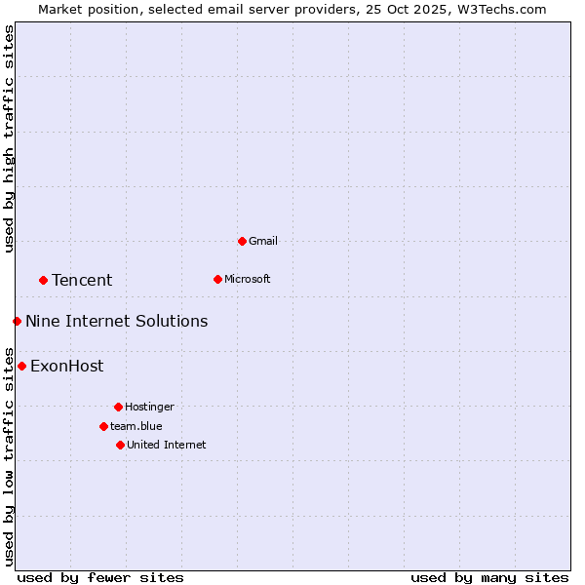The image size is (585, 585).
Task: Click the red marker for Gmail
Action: (x=242, y=241)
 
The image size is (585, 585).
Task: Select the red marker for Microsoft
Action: (x=217, y=279)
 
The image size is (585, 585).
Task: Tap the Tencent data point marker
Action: (x=43, y=280)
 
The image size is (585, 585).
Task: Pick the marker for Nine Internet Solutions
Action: (x=17, y=321)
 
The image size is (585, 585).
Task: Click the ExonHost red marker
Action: (x=21, y=366)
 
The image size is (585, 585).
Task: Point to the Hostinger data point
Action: (x=118, y=407)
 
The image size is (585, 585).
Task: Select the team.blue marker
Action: (x=103, y=426)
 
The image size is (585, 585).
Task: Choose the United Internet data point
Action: (x=120, y=445)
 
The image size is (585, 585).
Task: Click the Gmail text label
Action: (x=263, y=241)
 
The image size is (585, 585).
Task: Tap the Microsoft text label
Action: (x=248, y=279)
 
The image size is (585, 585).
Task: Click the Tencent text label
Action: (x=82, y=281)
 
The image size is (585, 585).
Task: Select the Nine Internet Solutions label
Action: (x=116, y=322)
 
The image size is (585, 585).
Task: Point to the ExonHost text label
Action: (x=66, y=367)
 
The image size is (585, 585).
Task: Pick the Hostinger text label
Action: (x=149, y=407)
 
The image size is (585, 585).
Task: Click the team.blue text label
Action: (x=136, y=426)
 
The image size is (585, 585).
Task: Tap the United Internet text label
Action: (x=167, y=445)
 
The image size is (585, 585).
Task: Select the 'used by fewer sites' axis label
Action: (x=100, y=577)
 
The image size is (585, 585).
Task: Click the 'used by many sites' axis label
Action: (x=489, y=577)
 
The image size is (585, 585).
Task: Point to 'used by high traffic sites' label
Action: (x=9, y=138)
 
